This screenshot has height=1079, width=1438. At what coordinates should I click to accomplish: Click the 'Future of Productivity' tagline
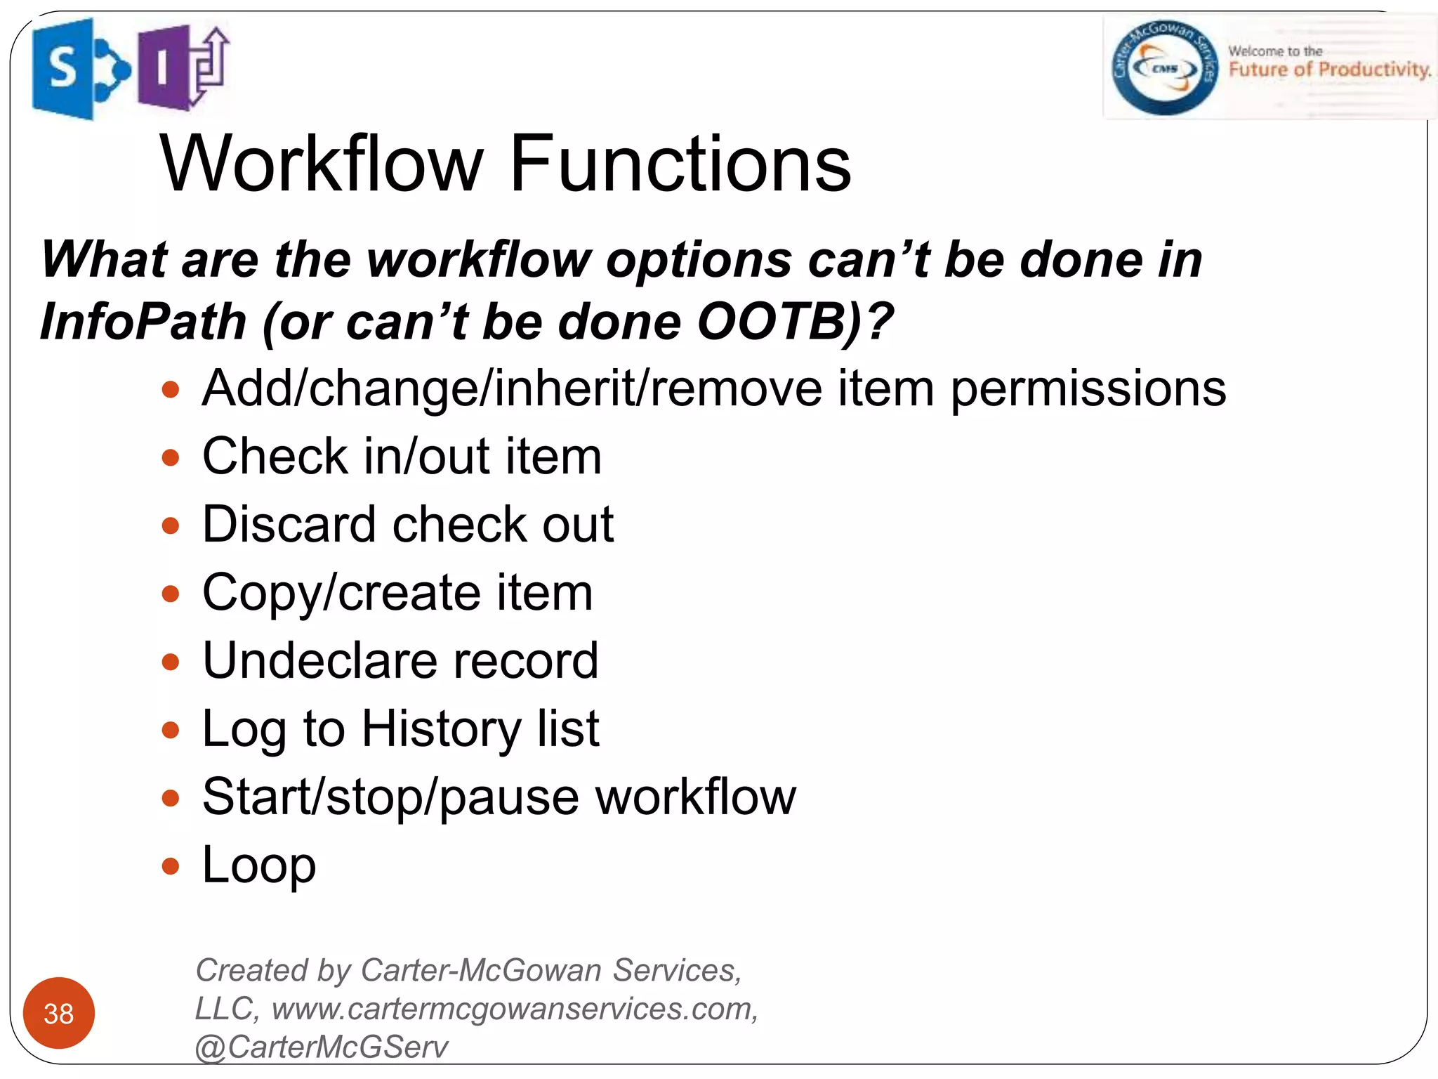[x=1329, y=70]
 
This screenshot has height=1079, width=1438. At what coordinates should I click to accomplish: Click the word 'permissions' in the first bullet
[x=1088, y=388]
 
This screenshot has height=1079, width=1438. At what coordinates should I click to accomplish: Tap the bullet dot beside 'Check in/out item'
[x=171, y=458]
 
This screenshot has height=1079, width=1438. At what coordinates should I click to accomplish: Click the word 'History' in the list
[x=440, y=729]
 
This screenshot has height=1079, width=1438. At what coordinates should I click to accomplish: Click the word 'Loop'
[x=258, y=865]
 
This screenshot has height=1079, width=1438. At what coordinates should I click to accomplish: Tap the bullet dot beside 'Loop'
[x=171, y=866]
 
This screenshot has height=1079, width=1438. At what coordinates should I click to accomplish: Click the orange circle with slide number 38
[x=59, y=1013]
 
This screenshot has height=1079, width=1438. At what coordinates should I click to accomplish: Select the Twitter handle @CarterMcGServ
[x=321, y=1047]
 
